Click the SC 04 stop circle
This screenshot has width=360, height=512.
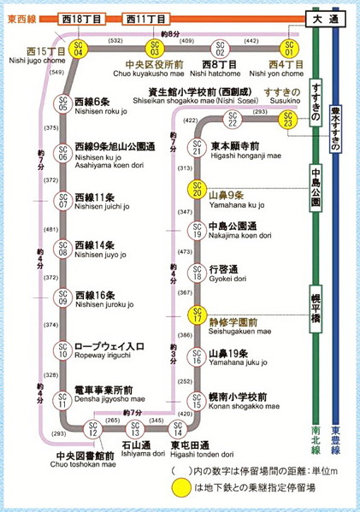[x=78, y=48]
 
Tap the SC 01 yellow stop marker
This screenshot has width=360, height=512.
[x=291, y=48]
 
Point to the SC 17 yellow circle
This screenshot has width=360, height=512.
[x=197, y=315]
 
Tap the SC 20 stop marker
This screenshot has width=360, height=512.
[x=197, y=191]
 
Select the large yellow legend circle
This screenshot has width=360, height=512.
[x=184, y=490]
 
